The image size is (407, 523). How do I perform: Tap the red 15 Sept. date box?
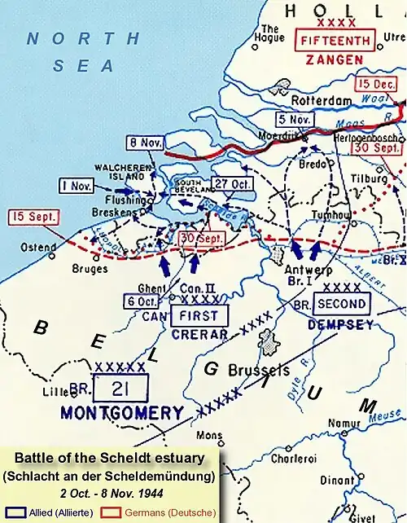(x=28, y=218)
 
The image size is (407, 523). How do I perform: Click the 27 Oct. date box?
(x=230, y=183)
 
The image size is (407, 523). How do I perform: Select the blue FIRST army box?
(x=199, y=315)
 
